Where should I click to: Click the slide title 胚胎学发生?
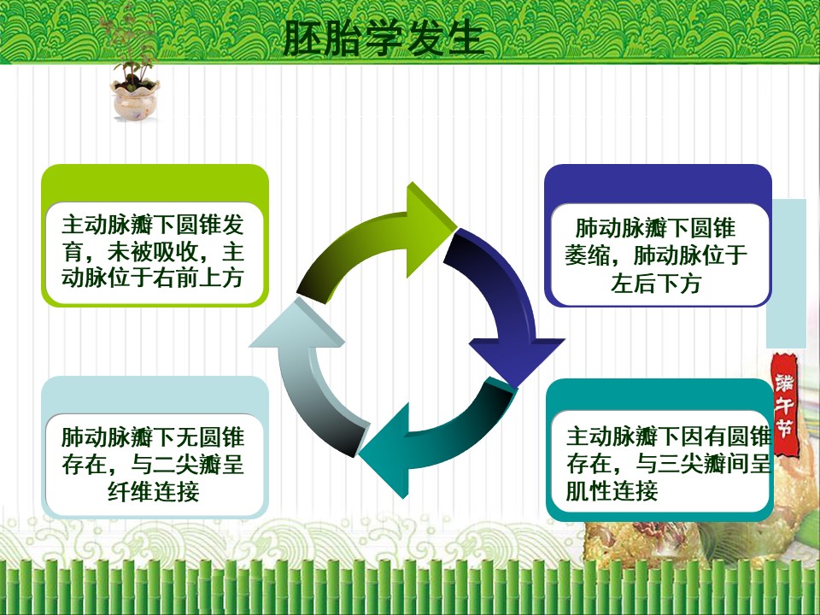(383, 38)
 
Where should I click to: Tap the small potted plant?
(133, 66)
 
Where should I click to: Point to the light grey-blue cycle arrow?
(313, 377)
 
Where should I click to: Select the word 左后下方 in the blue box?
(656, 284)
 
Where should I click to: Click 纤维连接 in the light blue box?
(153, 491)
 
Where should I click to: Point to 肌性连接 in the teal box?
(612, 491)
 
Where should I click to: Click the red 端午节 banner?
(784, 405)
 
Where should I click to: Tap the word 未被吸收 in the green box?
(153, 251)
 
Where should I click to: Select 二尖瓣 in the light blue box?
(187, 464)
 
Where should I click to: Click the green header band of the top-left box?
(155, 183)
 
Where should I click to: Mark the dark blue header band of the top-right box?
(658, 184)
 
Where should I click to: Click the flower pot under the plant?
(134, 99)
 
